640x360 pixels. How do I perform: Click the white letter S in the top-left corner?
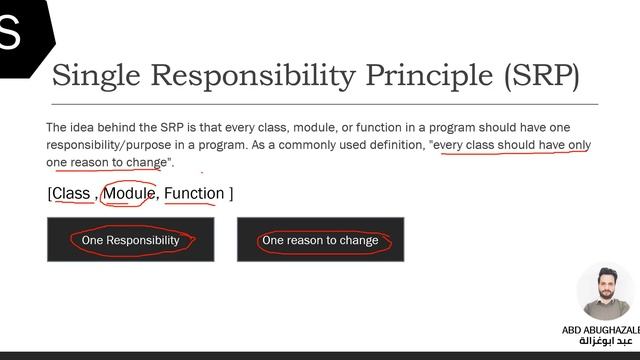pyautogui.click(x=10, y=33)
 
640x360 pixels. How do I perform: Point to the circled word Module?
pyautogui.click(x=129, y=193)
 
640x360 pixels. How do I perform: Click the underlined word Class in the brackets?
pyautogui.click(x=72, y=193)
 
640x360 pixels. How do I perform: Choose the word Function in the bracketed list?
pyautogui.click(x=194, y=193)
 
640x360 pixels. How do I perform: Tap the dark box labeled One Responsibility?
pyautogui.click(x=130, y=240)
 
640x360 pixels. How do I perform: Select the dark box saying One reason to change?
pyautogui.click(x=320, y=240)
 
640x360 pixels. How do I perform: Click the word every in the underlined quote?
pyautogui.click(x=452, y=145)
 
